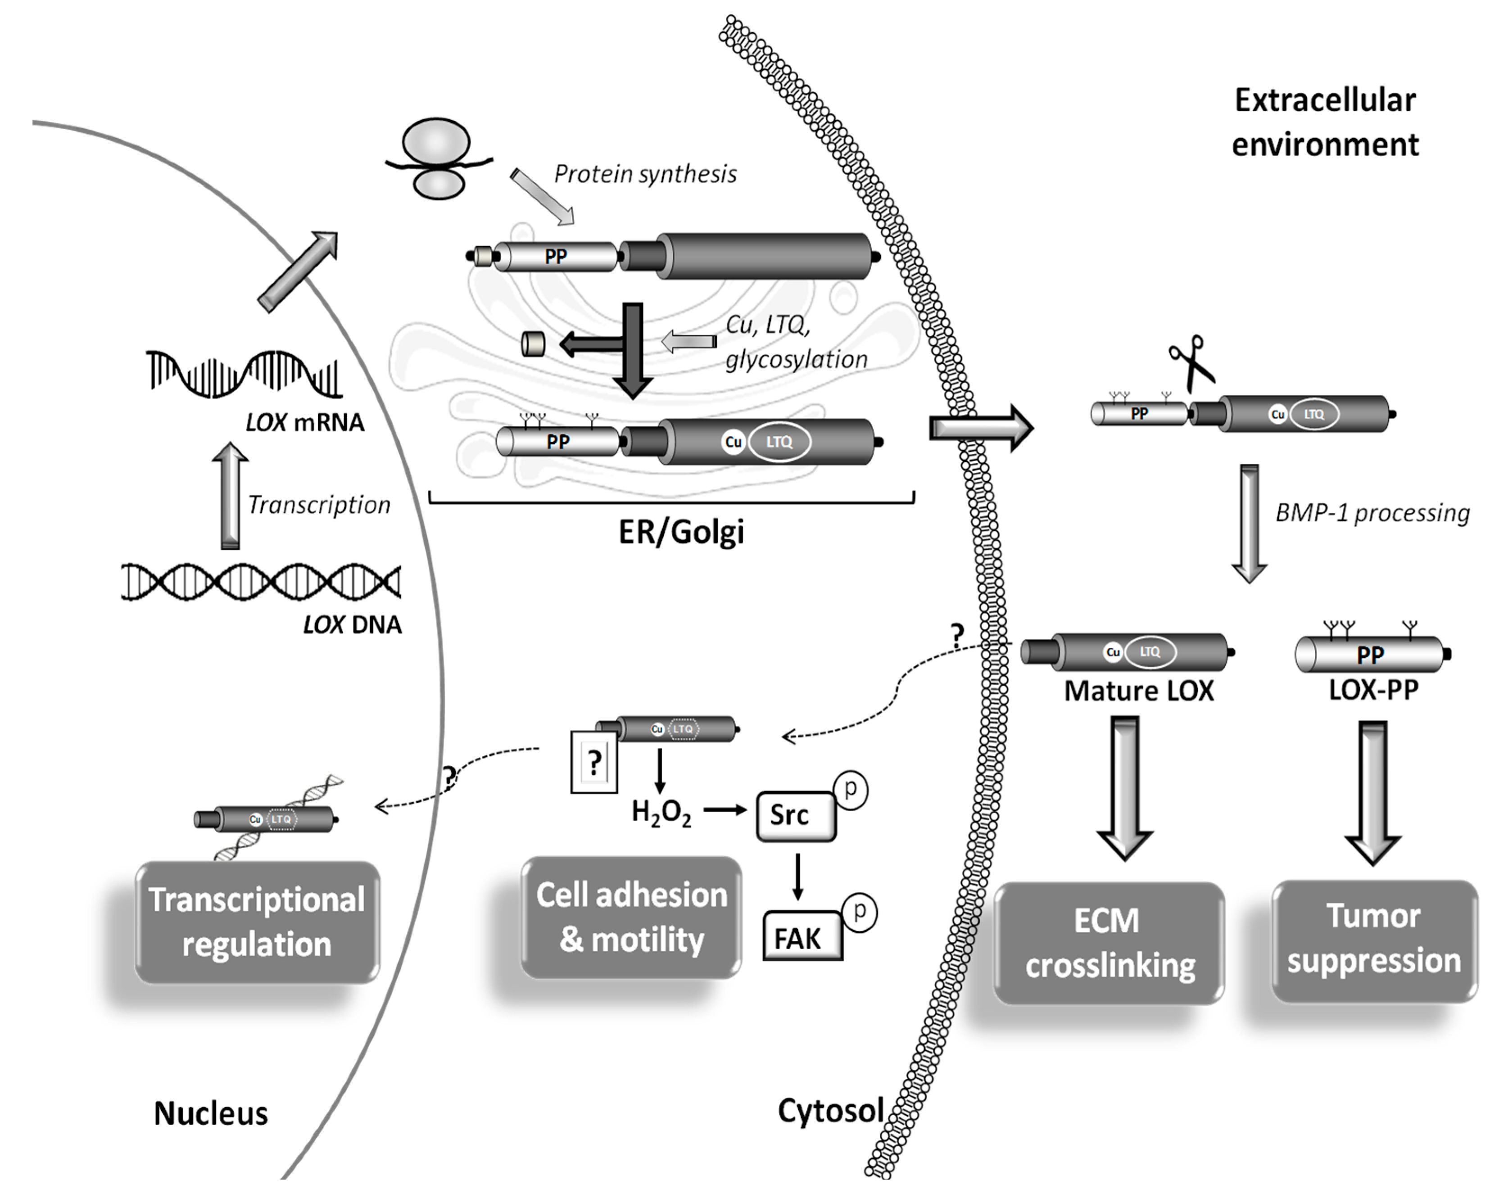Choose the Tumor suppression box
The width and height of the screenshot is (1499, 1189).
[x=1373, y=939]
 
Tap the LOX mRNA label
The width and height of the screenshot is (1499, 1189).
[x=304, y=422]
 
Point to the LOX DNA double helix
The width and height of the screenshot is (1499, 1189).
[x=261, y=582]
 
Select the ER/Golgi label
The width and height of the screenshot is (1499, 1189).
[x=681, y=532]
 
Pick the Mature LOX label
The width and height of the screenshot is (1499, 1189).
[x=1139, y=691]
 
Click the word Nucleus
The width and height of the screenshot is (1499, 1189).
[x=211, y=1113]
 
